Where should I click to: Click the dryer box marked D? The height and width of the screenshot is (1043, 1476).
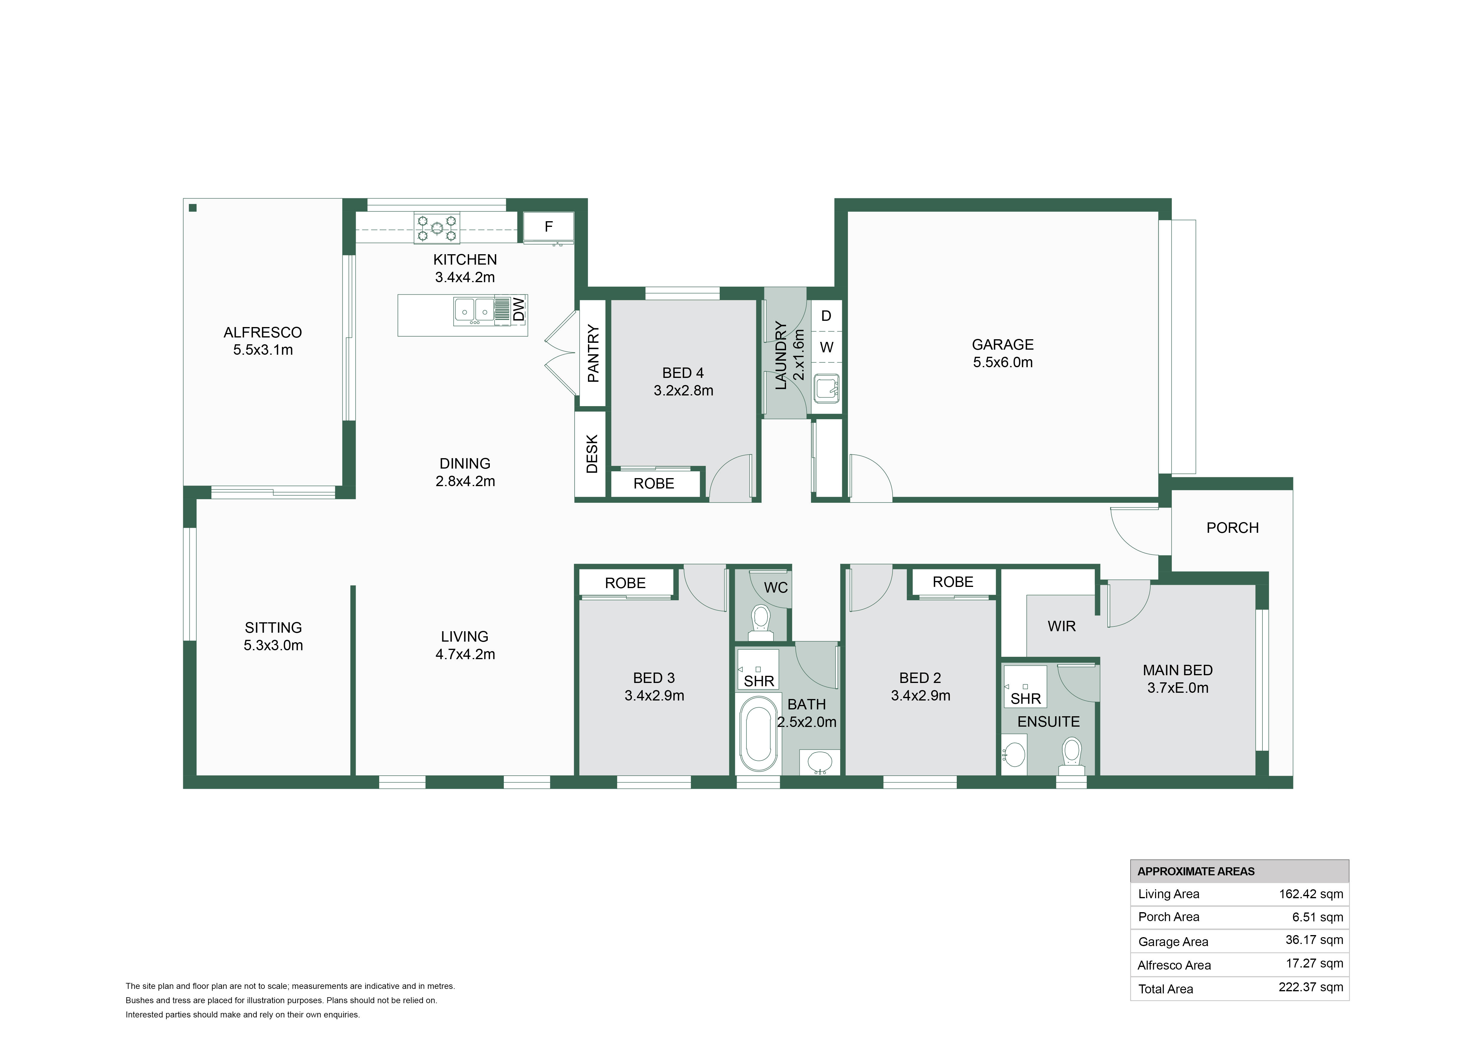826,315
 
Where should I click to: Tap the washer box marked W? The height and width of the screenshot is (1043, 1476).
826,347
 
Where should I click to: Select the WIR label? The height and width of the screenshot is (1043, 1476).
1061,626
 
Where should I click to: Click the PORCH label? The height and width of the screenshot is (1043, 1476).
1232,528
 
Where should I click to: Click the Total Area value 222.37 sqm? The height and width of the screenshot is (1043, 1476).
1311,987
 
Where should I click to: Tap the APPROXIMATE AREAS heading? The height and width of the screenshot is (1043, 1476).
1196,871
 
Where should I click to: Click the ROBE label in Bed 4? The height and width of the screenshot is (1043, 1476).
654,483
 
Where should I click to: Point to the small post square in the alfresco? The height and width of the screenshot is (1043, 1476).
192,208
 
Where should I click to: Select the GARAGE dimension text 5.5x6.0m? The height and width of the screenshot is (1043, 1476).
1003,362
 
